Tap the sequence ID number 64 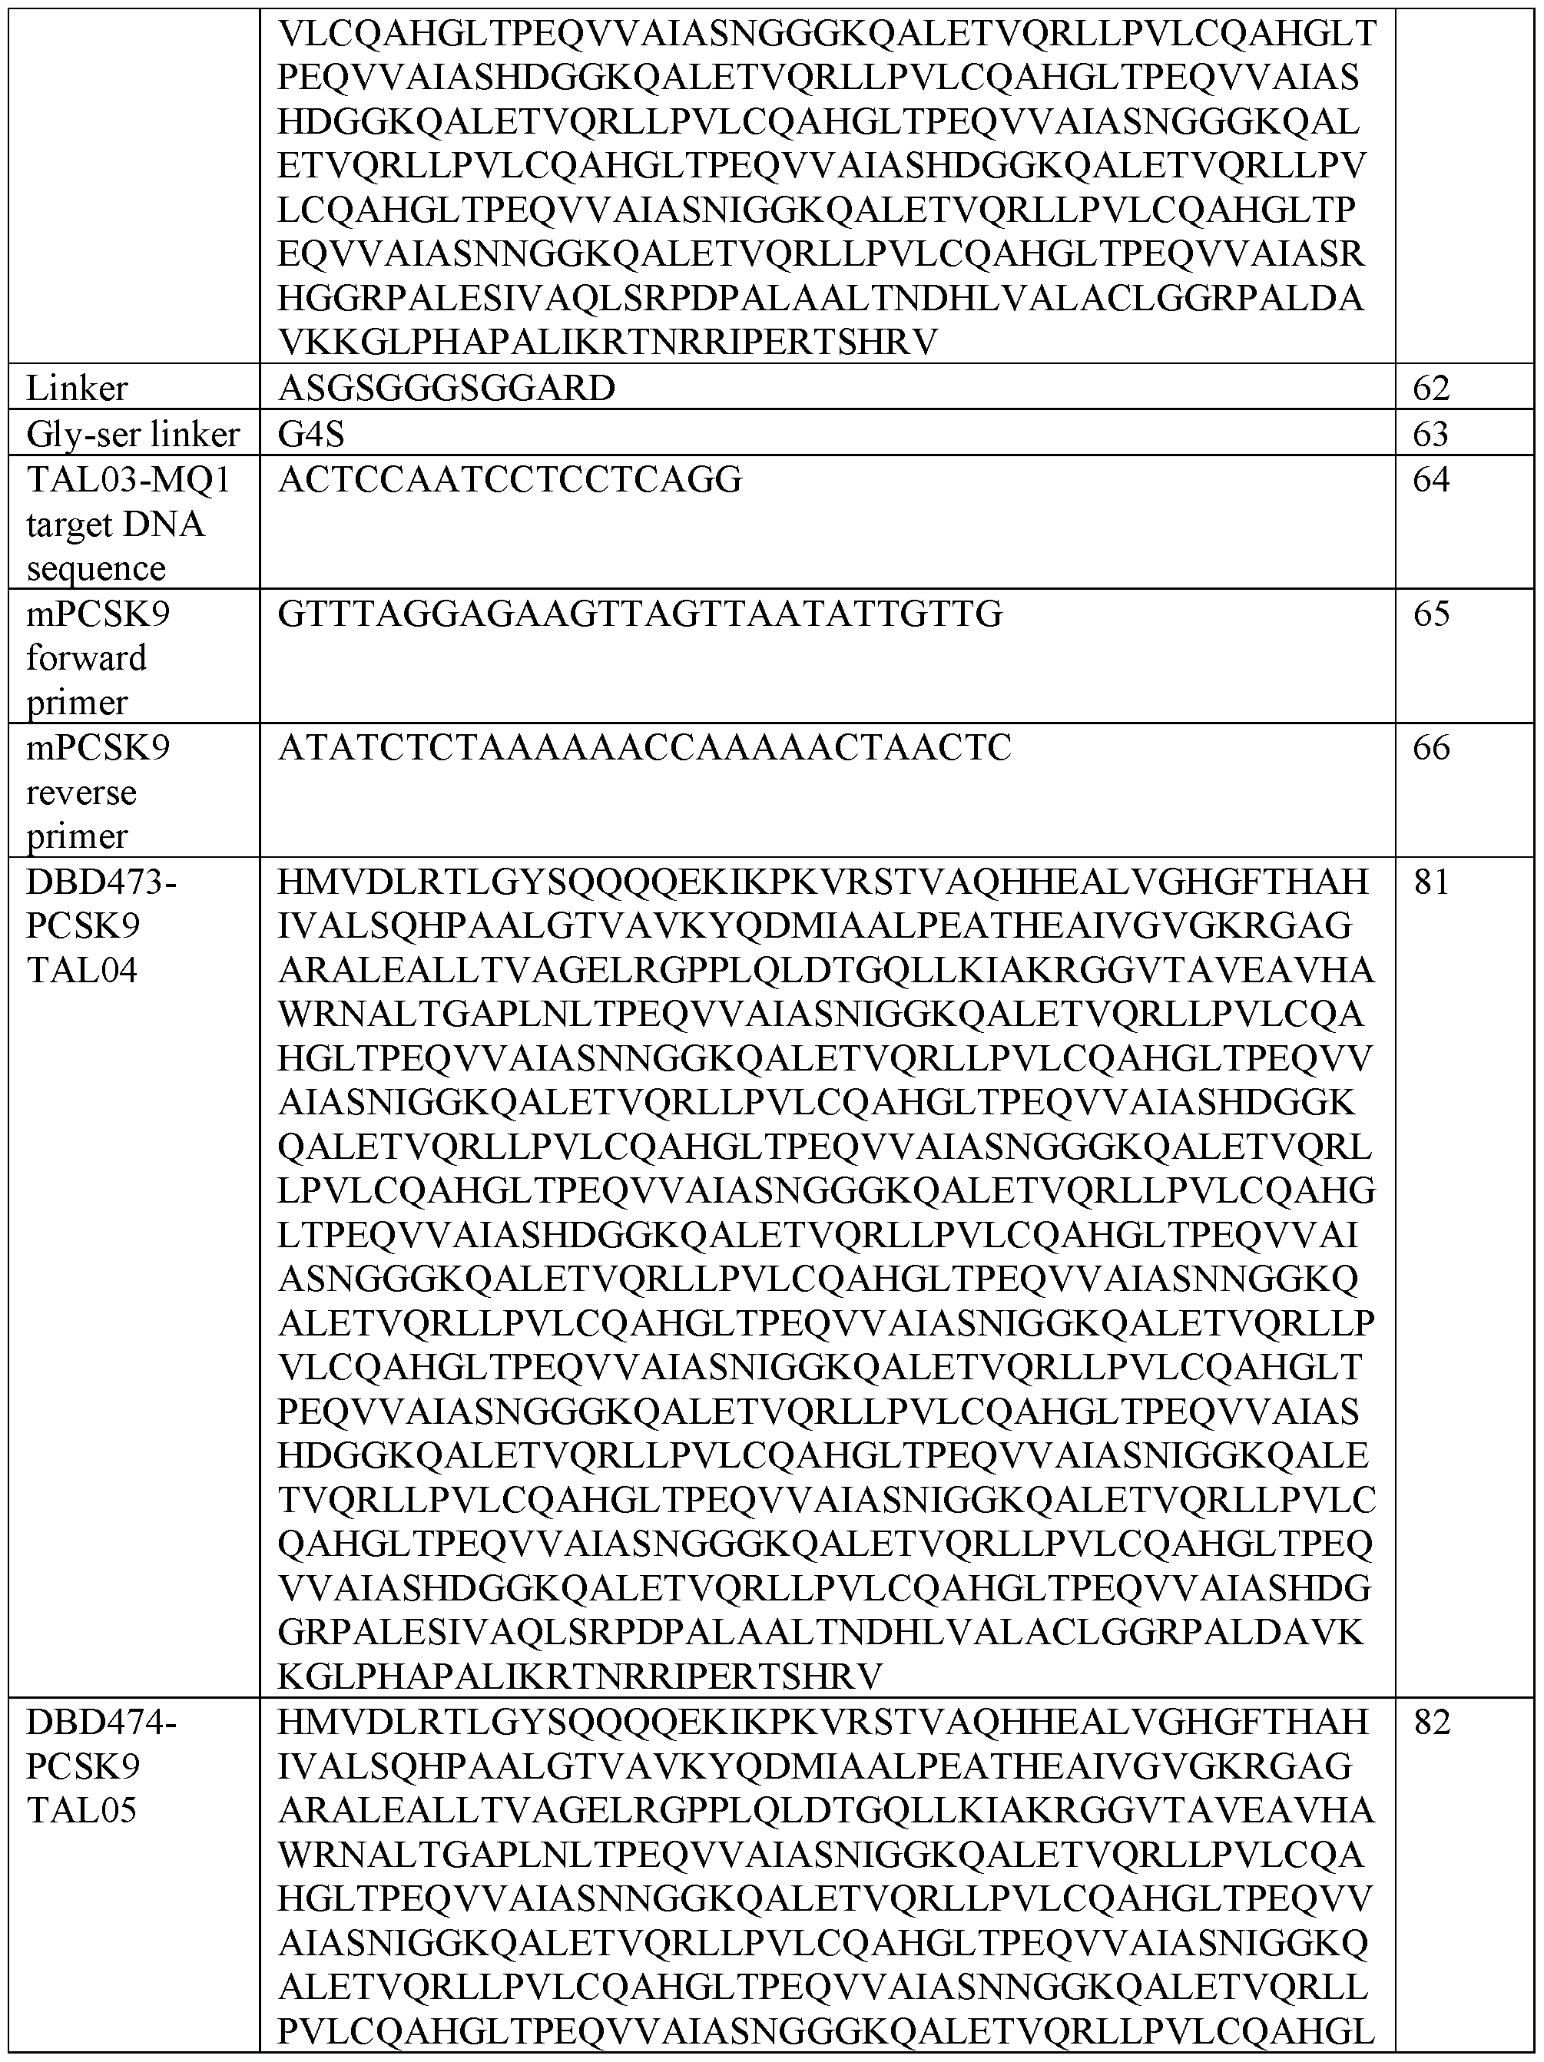[1431, 480]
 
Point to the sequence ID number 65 [1431, 614]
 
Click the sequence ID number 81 [1431, 882]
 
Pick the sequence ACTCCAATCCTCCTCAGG [510, 480]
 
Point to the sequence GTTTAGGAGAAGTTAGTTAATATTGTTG [640, 614]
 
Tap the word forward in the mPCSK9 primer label [86, 658]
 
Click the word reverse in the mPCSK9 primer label [81, 793]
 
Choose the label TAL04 [81, 971]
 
